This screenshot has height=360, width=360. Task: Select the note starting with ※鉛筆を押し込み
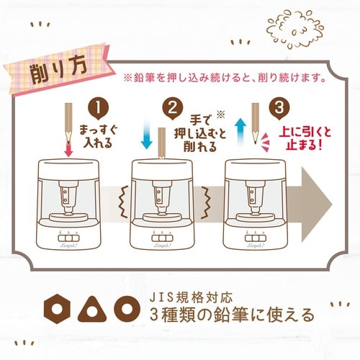point(224,76)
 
